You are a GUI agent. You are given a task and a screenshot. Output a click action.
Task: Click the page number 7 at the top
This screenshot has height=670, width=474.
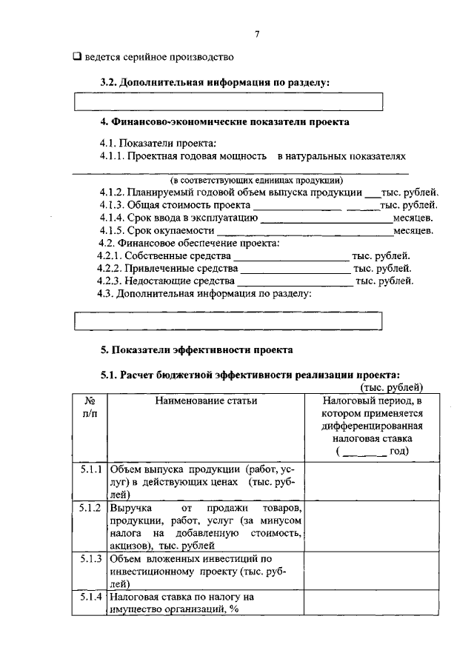pyautogui.click(x=256, y=34)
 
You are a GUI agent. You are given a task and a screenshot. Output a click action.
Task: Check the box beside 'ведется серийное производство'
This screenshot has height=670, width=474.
pyautogui.click(x=77, y=56)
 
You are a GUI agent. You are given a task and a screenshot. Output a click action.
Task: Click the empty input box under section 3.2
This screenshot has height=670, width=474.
pyautogui.click(x=229, y=101)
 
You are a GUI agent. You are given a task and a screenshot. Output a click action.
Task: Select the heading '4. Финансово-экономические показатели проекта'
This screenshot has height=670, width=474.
pyautogui.click(x=225, y=121)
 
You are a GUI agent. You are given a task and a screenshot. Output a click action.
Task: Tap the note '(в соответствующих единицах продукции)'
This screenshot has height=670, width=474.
pyautogui.click(x=256, y=180)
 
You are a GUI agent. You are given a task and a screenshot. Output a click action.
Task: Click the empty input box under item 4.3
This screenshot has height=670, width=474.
pyautogui.click(x=229, y=321)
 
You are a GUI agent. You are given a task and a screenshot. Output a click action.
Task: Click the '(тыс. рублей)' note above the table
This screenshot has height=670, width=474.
pyautogui.click(x=391, y=386)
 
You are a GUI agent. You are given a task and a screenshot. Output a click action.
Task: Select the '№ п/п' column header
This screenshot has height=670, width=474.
pyautogui.click(x=90, y=408)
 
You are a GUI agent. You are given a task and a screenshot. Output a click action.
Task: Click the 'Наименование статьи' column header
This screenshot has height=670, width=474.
pyautogui.click(x=207, y=401)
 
